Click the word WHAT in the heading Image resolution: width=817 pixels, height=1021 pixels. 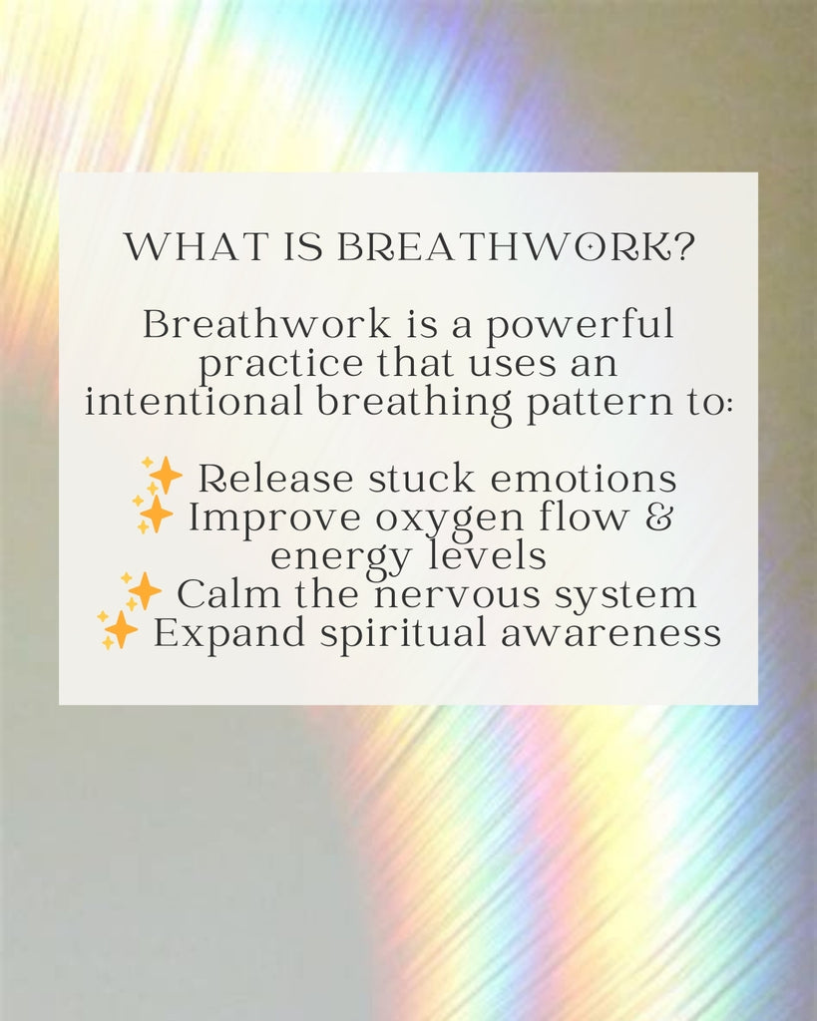(197, 247)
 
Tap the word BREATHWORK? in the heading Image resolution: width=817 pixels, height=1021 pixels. (516, 247)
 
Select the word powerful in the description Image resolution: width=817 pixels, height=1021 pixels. (580, 326)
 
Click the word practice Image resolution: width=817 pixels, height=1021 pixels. (280, 364)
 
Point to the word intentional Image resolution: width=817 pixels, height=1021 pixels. (194, 401)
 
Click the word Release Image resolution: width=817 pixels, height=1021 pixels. (275, 479)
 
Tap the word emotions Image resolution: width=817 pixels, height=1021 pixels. (584, 480)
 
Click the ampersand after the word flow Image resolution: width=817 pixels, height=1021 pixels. (659, 517)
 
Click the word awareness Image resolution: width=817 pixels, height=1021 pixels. (612, 635)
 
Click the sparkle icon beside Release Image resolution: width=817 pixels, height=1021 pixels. (162, 476)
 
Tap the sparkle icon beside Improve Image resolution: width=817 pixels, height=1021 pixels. (153, 514)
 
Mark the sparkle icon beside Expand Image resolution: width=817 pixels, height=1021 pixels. (118, 630)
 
